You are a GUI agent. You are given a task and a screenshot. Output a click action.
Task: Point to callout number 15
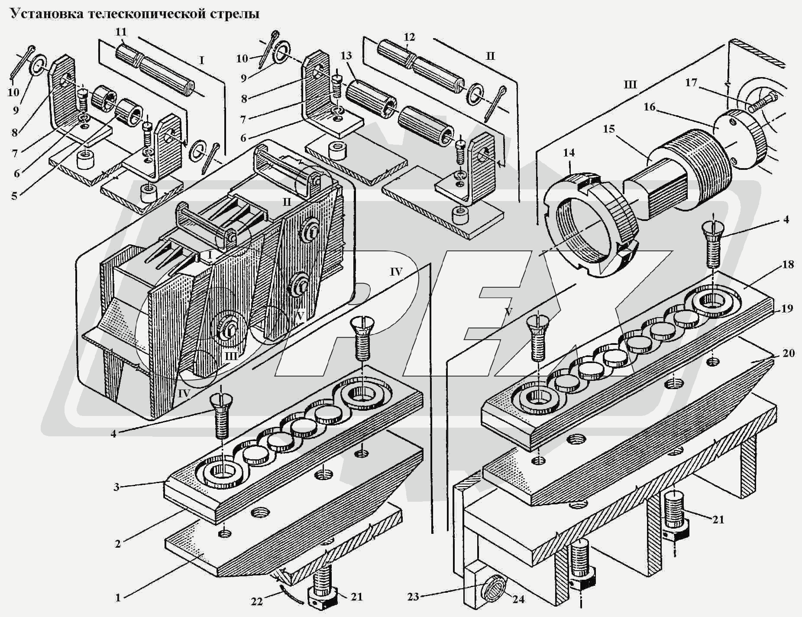tap(609, 129)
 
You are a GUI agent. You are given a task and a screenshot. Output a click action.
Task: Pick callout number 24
tap(518, 599)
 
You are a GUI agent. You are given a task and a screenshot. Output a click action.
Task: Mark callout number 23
tap(413, 597)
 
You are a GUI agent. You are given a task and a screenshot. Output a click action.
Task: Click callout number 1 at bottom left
tap(118, 598)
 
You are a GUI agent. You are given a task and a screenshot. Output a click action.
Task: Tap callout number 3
tap(116, 487)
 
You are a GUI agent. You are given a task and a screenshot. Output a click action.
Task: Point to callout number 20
tap(789, 353)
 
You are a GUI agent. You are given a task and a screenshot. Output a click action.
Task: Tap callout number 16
tap(649, 107)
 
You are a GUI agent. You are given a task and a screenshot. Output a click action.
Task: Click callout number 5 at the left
tap(14, 195)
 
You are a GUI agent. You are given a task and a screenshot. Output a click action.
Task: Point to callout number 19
tap(787, 308)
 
